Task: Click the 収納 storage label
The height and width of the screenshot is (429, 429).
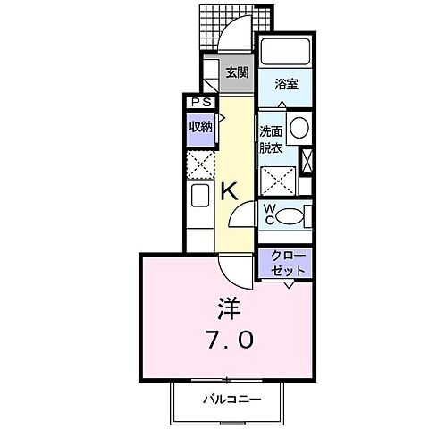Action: click(199, 127)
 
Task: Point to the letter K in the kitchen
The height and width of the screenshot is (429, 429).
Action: click(229, 190)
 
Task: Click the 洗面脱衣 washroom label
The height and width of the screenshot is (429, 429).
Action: click(271, 139)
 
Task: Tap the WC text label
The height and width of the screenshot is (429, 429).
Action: click(269, 215)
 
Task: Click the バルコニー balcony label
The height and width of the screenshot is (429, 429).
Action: click(231, 400)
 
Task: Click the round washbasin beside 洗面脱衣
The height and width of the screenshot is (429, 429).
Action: click(298, 126)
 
